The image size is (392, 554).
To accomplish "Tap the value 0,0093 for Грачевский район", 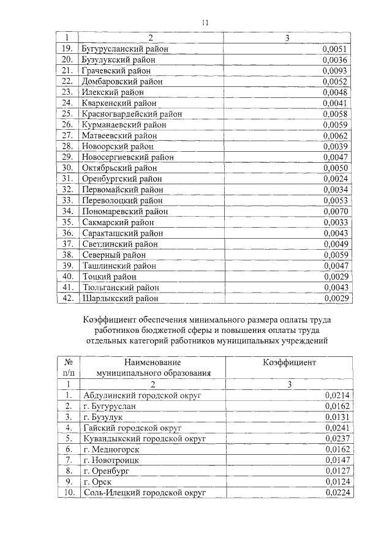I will [336, 71].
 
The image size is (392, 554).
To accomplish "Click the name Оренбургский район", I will [122, 179].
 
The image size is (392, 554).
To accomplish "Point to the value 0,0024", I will [336, 179].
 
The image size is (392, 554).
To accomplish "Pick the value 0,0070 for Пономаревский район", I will [336, 211].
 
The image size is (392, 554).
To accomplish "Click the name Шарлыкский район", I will [120, 298].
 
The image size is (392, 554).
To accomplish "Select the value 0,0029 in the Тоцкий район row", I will [336, 277].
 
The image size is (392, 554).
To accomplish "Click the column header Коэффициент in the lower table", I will [290, 362].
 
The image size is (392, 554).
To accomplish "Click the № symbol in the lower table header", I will [69, 362].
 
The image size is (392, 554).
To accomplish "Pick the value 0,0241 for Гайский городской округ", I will [336, 428].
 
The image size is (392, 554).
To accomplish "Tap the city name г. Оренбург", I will [106, 471].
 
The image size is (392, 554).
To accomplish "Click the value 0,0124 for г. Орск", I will [336, 482].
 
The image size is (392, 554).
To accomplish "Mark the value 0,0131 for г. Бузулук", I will [336, 417].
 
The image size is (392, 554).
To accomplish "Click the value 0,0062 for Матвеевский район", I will [336, 135].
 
